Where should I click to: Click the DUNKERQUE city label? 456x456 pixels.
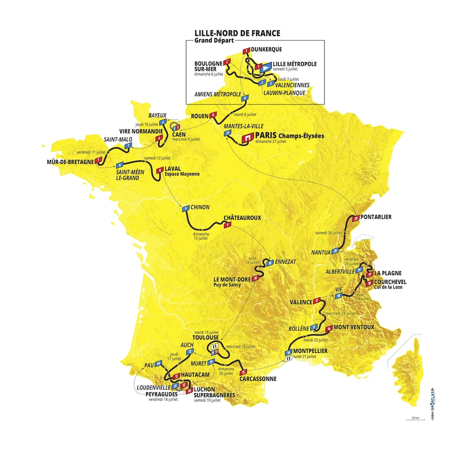point(266,50)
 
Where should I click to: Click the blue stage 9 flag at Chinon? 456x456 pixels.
point(185,209)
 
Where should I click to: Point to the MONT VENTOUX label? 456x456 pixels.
point(354,327)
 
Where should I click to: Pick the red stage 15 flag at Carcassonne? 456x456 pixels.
point(243,372)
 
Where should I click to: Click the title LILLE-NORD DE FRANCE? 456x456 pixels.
point(237,33)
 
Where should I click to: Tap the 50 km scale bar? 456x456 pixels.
point(415,419)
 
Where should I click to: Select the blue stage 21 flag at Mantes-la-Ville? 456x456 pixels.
point(227,133)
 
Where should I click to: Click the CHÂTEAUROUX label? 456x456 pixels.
point(242,218)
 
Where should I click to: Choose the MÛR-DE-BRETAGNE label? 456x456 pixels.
point(70,162)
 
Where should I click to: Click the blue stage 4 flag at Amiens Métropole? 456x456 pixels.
point(245,98)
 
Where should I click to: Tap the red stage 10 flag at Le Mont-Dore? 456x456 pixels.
point(255,279)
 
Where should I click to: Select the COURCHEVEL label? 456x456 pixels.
point(390,282)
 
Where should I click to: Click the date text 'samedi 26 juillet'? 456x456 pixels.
point(328,233)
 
